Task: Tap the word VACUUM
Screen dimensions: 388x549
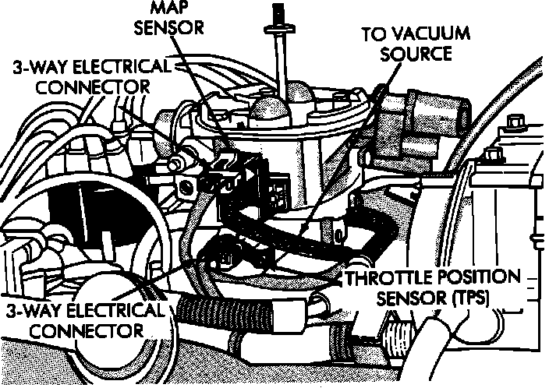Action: click(426, 34)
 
